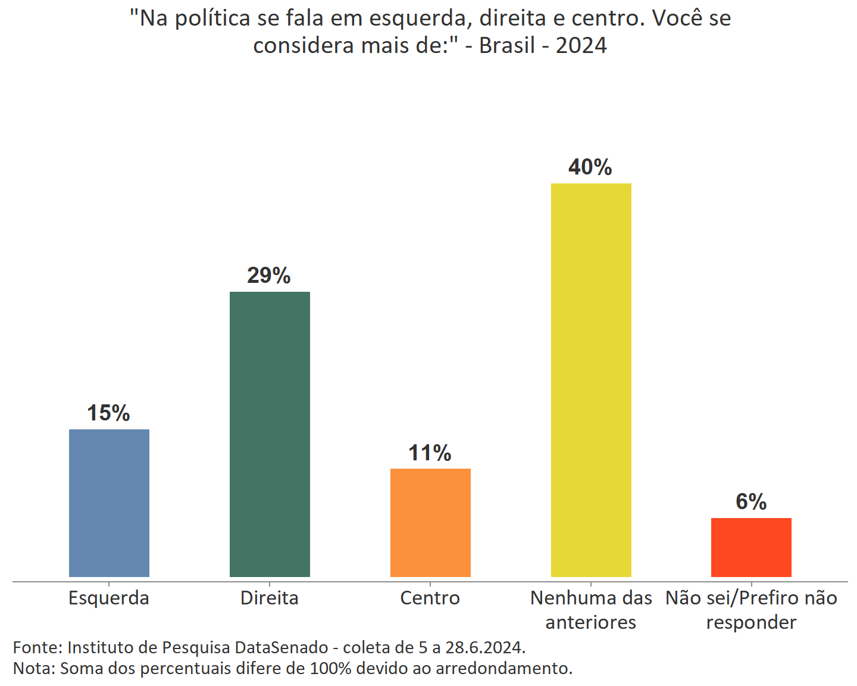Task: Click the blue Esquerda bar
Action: click(109, 503)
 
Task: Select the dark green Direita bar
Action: click(270, 434)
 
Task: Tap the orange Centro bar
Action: click(430, 522)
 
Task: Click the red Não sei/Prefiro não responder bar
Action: click(751, 547)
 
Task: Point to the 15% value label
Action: click(108, 413)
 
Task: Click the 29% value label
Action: click(269, 276)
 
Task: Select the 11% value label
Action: click(430, 453)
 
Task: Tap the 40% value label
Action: click(590, 167)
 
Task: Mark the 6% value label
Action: click(751, 502)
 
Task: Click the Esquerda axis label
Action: click(109, 598)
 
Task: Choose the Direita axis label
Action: click(270, 598)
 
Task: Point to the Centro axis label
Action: click(430, 598)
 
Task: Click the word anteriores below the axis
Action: click(591, 622)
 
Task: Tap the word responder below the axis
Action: click(751, 622)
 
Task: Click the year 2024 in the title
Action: click(581, 46)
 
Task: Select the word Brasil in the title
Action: click(507, 46)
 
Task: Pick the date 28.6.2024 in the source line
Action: click(484, 647)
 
